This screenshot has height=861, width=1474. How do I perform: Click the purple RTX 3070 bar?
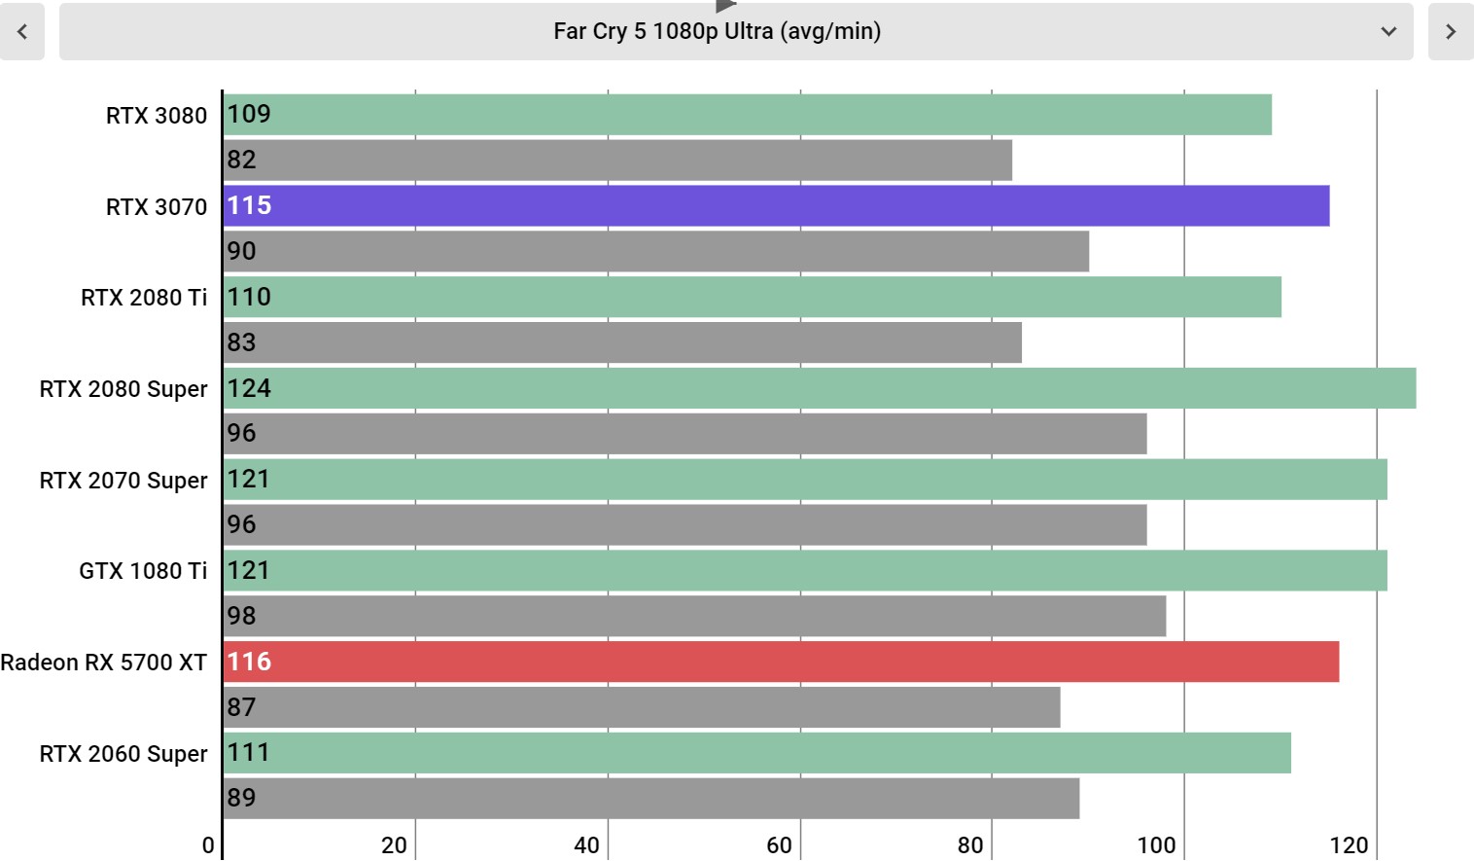click(777, 206)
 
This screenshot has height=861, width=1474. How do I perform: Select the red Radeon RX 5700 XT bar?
click(781, 662)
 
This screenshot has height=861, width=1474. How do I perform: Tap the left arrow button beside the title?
click(22, 31)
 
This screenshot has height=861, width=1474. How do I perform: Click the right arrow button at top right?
click(1451, 31)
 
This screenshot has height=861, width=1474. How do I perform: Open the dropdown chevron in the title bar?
click(1388, 31)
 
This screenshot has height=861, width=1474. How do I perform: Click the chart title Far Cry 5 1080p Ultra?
click(718, 31)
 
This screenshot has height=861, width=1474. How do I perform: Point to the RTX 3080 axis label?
click(157, 115)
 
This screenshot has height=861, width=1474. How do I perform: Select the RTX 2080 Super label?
click(123, 389)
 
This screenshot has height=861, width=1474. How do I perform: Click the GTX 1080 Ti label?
click(144, 571)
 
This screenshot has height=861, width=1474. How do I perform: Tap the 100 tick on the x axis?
click(1156, 845)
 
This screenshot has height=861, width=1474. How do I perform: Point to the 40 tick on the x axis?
click(586, 845)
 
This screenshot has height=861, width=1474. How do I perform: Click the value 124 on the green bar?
click(249, 388)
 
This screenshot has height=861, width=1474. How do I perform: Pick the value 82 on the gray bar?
click(241, 160)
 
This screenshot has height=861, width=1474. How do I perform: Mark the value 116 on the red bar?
click(249, 662)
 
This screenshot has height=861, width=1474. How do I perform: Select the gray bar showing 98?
click(695, 616)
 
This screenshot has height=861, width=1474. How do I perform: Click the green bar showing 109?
click(748, 115)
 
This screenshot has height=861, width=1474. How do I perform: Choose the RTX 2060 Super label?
click(123, 754)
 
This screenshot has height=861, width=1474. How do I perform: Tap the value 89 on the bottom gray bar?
click(241, 798)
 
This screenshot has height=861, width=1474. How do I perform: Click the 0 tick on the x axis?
click(208, 845)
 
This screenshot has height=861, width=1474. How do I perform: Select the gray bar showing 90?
click(656, 251)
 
